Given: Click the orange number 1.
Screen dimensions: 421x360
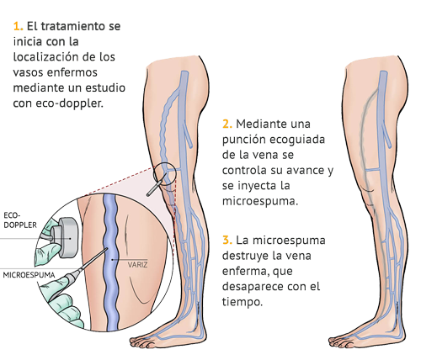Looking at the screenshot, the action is pos(18,26).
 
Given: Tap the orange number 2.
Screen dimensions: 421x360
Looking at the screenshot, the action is pos(227,124).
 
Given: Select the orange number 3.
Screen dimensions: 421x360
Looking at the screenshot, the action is pos(227,241).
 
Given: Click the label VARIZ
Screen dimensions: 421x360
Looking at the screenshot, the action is pos(137,264).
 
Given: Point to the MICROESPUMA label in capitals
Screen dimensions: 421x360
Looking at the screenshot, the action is pos(29,275).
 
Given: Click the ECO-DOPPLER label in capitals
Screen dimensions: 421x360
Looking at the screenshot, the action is pos(20,220).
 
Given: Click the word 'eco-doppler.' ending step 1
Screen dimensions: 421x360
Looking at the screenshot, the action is pos(69,103).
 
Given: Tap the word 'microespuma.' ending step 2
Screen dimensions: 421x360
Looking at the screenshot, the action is pos(260,202).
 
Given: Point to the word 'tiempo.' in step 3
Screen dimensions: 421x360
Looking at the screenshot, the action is pos(242,302).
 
